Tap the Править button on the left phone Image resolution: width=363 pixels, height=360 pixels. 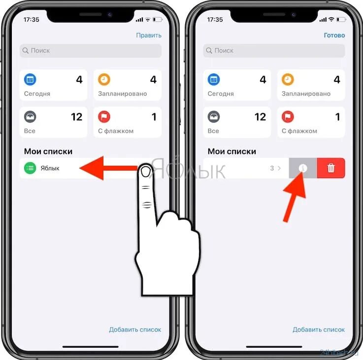pyautogui.click(x=149, y=35)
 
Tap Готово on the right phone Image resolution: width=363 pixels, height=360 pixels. pyautogui.click(x=334, y=35)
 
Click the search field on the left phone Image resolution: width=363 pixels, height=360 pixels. pyautogui.click(x=90, y=50)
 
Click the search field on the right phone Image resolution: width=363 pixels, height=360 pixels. pyautogui.click(x=274, y=50)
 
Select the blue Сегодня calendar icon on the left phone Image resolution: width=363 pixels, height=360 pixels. pyautogui.click(x=30, y=79)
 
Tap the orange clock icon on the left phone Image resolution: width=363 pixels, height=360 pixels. pyautogui.click(x=104, y=79)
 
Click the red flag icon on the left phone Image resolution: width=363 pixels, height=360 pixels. pyautogui.click(x=104, y=117)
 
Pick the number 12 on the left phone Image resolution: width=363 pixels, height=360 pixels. pyautogui.click(x=76, y=117)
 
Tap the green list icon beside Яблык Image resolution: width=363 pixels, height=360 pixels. pyautogui.click(x=30, y=168)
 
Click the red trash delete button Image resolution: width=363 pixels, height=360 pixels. pyautogui.click(x=331, y=168)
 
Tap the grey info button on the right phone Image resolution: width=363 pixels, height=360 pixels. pyautogui.click(x=303, y=168)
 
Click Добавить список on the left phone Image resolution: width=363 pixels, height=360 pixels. pyautogui.click(x=135, y=329)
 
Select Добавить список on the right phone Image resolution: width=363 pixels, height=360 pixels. pyautogui.click(x=319, y=329)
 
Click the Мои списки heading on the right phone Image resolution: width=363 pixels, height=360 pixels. pyautogui.click(x=231, y=151)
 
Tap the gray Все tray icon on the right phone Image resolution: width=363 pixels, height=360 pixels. pyautogui.click(x=214, y=117)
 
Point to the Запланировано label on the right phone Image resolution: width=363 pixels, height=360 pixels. pyautogui.click(x=306, y=94)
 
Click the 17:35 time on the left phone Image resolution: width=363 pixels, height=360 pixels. pyautogui.click(x=31, y=20)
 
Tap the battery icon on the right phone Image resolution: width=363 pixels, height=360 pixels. pyautogui.click(x=342, y=20)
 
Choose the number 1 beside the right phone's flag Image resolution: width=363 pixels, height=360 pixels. pyautogui.click(x=337, y=117)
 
